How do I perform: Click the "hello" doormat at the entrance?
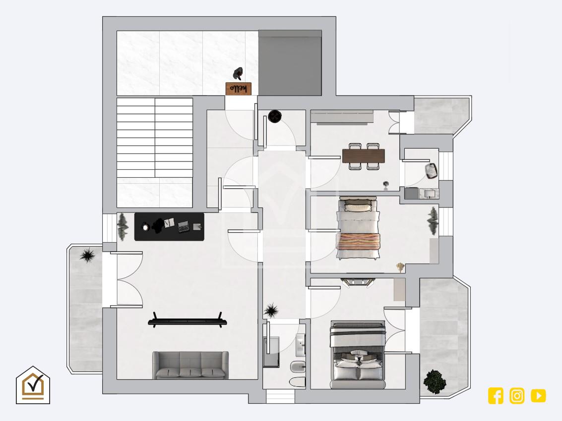tap(239, 89)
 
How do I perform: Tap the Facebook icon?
tap(496, 396)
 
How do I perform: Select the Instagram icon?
tap(517, 396)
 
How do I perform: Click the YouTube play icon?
tap(538, 396)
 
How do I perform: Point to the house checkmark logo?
tap(33, 385)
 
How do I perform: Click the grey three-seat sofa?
tap(190, 365)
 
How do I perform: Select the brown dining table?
tap(364, 156)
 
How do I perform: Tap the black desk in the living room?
tap(169, 227)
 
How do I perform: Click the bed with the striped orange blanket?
tap(358, 228)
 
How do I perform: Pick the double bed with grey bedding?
tap(358, 355)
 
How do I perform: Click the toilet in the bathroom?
tap(297, 382)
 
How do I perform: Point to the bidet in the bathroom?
tap(298, 367)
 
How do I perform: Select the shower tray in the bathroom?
tap(271, 352)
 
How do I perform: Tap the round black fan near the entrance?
tap(274, 116)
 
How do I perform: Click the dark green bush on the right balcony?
tap(435, 381)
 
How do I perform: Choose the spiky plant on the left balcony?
tap(87, 256)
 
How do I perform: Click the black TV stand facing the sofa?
tap(187, 320)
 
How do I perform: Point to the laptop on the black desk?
tap(184, 226)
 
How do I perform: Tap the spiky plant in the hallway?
tap(271, 311)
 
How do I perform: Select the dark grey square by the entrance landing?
tap(290, 63)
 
